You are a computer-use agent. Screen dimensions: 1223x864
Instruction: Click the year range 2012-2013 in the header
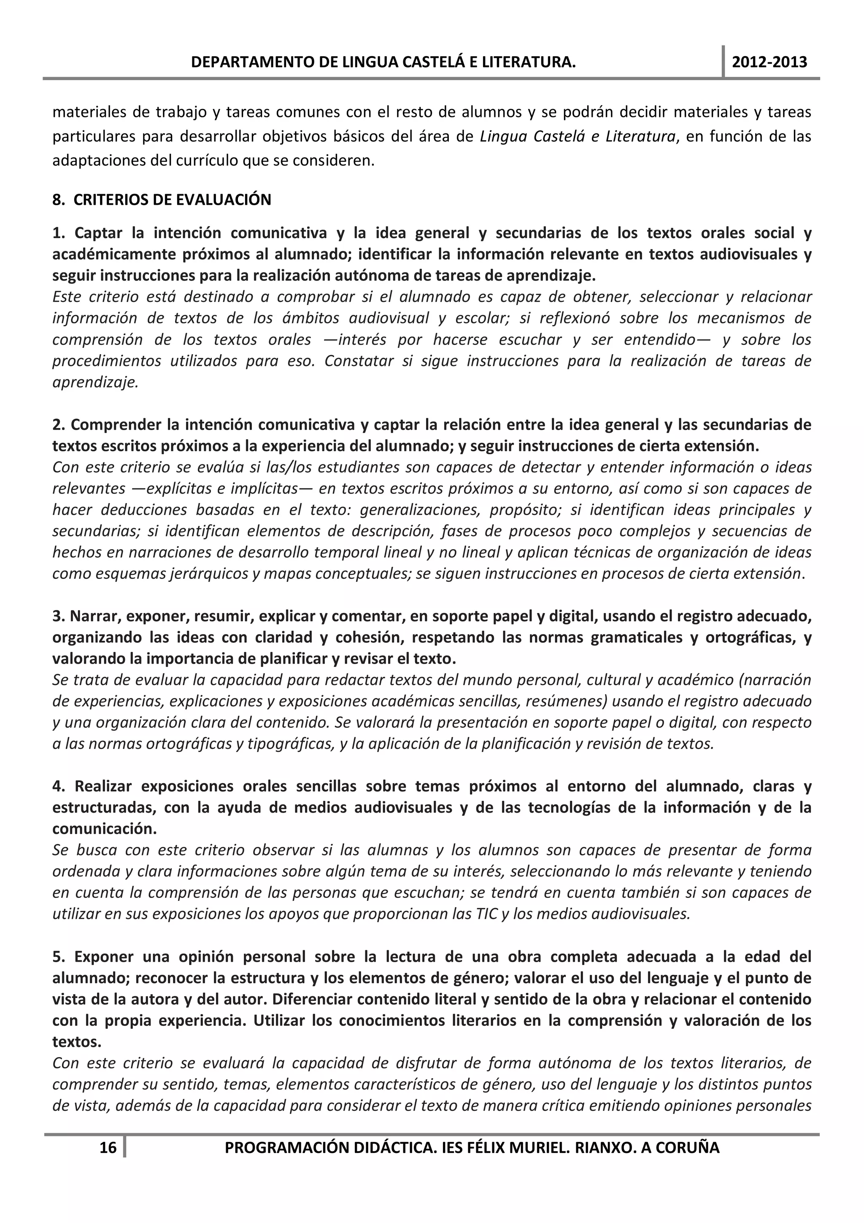[769, 62]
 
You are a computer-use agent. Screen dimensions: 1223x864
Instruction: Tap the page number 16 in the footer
[108, 1147]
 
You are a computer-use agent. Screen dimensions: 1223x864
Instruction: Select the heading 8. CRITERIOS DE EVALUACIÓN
[162, 200]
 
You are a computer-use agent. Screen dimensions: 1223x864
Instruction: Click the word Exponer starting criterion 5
[103, 957]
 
